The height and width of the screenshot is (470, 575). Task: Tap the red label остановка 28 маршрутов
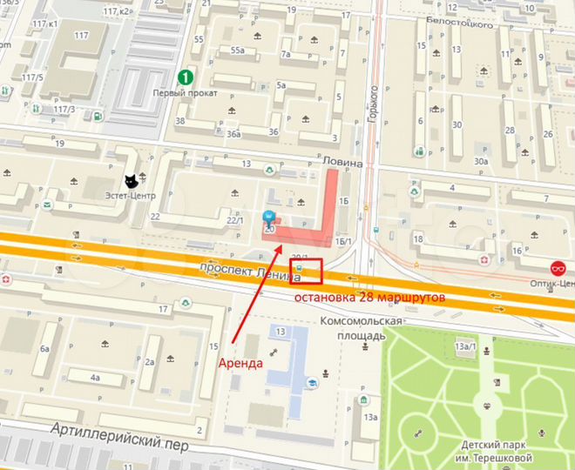[369, 297]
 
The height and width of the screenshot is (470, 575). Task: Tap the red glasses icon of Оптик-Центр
[558, 268]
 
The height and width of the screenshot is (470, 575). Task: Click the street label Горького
[374, 103]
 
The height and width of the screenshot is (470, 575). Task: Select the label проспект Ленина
[248, 271]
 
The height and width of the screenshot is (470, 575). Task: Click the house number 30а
[480, 161]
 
